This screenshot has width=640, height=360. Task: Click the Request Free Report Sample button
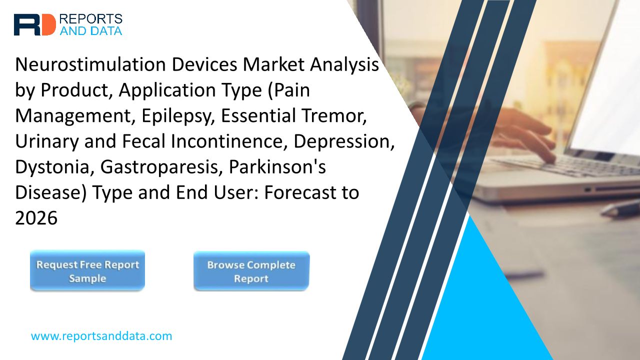tap(87, 270)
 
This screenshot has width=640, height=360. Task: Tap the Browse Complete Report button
tap(251, 271)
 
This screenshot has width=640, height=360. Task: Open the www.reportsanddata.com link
tap(101, 336)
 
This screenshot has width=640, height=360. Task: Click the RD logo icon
tap(35, 25)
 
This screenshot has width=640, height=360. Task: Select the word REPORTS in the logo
tap(91, 19)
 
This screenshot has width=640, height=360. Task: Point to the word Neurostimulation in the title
tap(90, 64)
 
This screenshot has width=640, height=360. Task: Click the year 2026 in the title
tap(36, 218)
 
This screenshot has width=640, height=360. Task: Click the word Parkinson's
tap(277, 167)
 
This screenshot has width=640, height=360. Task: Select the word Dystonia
tap(55, 167)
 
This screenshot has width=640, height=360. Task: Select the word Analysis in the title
tap(344, 65)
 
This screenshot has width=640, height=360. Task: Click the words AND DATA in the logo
tap(91, 31)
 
